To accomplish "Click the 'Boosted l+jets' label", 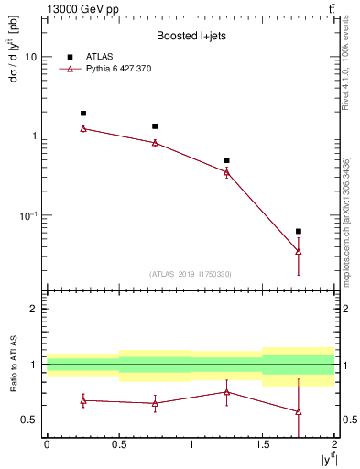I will [x=190, y=36].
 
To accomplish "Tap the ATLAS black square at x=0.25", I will [x=82, y=114].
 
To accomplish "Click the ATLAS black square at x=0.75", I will [x=155, y=126].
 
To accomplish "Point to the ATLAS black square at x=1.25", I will [x=226, y=160].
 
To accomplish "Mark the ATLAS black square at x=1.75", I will [x=299, y=232].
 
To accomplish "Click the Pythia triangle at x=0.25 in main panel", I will [x=82, y=128].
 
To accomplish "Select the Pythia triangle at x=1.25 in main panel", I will [x=226, y=171].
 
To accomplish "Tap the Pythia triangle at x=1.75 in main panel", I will [x=299, y=251].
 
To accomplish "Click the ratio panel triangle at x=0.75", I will [x=155, y=403].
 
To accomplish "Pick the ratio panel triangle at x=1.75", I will [x=299, y=411].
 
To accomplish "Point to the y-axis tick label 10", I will [x=30, y=57].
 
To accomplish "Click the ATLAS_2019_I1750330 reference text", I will [x=190, y=274].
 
